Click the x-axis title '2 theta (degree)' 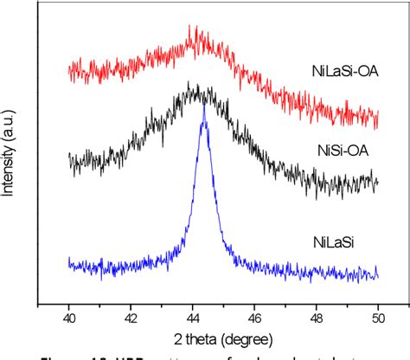[223, 338]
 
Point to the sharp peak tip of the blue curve [204, 106]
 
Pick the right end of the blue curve [378, 274]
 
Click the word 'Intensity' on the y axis [10, 177]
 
